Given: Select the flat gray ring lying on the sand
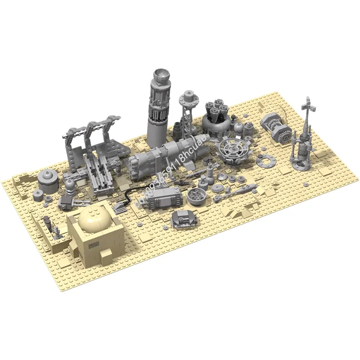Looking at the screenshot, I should (x=265, y=158).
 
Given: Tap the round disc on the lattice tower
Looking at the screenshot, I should (x=188, y=98).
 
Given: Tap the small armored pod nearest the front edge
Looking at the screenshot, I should (x=184, y=219).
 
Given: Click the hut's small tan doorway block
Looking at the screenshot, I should (x=107, y=257).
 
